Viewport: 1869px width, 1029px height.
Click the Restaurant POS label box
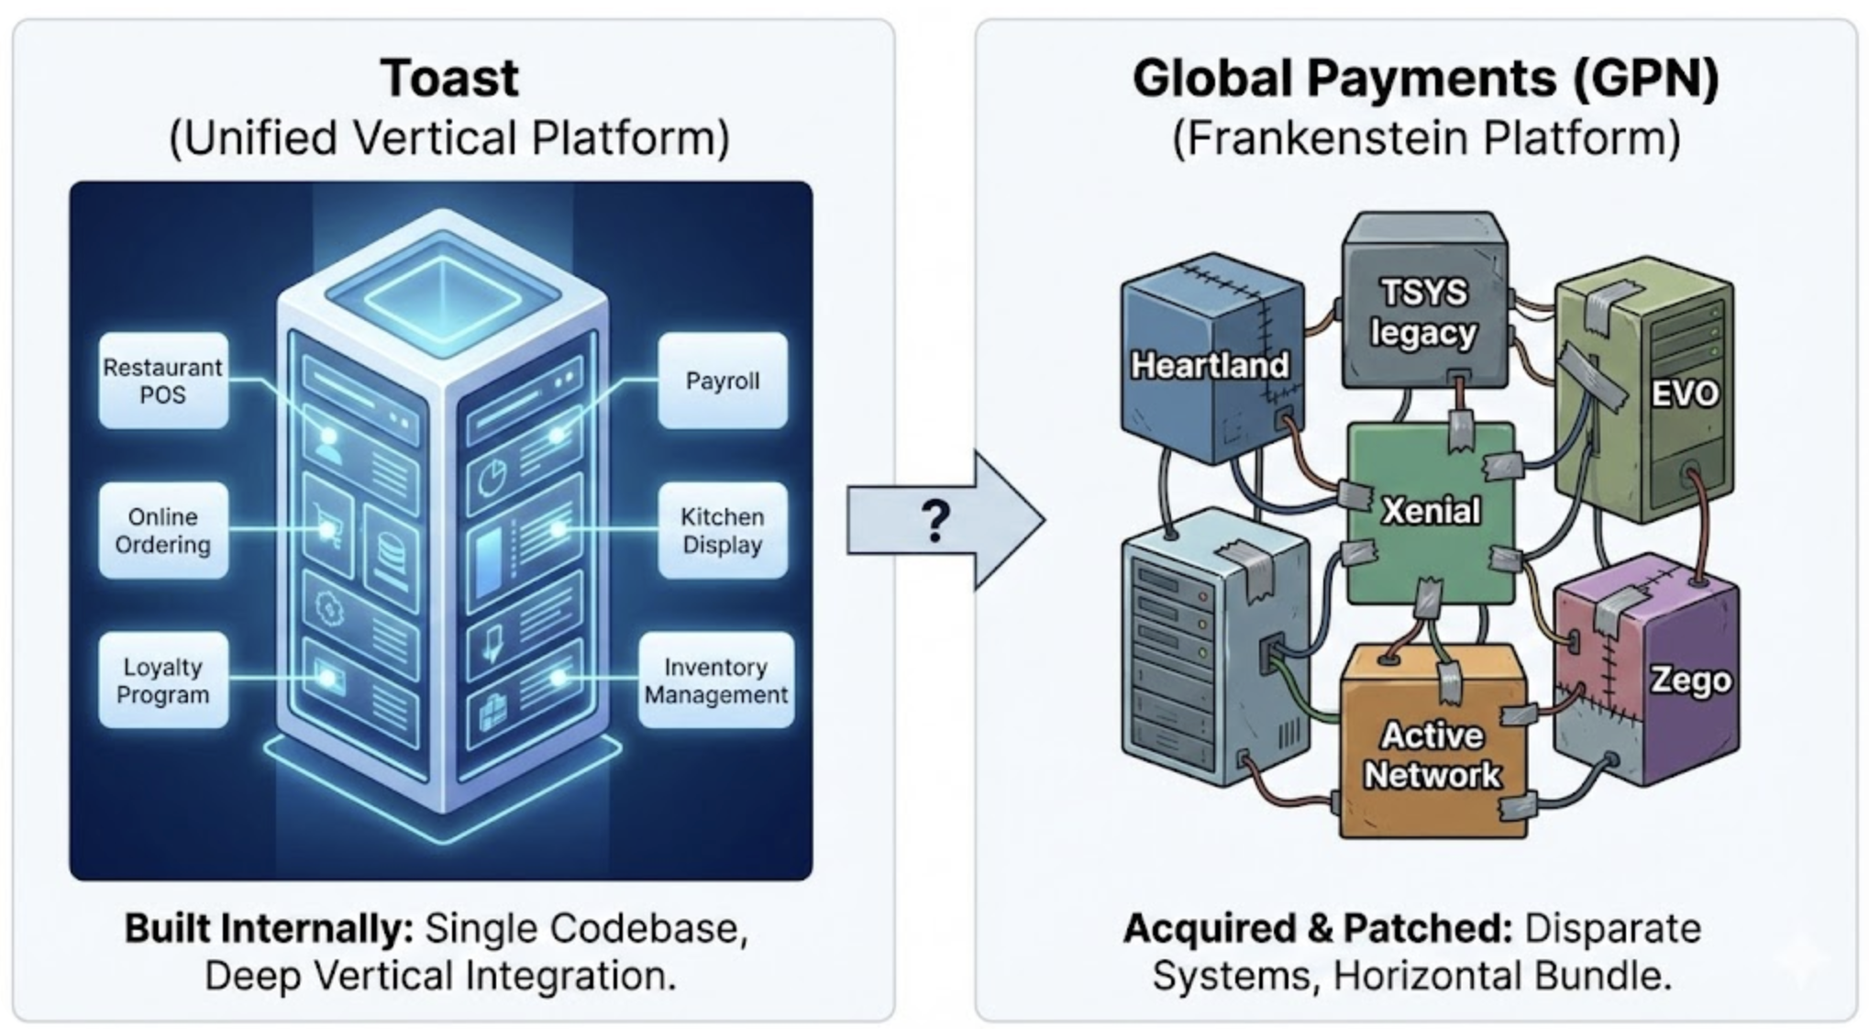[x=163, y=381]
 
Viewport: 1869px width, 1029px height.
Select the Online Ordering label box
[x=163, y=530]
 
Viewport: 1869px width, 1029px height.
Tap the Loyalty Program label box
[x=163, y=680]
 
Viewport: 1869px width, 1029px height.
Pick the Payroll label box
[x=723, y=381]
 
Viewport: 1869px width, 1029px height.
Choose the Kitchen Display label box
[x=723, y=530]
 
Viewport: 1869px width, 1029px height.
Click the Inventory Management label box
[x=716, y=680]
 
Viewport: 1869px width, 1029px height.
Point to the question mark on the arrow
[x=935, y=520]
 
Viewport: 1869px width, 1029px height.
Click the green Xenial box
[x=1431, y=512]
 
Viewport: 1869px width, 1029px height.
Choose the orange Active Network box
[x=1432, y=741]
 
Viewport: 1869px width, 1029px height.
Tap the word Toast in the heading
[x=449, y=78]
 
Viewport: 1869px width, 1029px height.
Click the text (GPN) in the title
[x=1645, y=78]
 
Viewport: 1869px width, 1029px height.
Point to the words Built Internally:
[x=270, y=929]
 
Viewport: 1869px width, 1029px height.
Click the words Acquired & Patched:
[x=1318, y=929]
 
